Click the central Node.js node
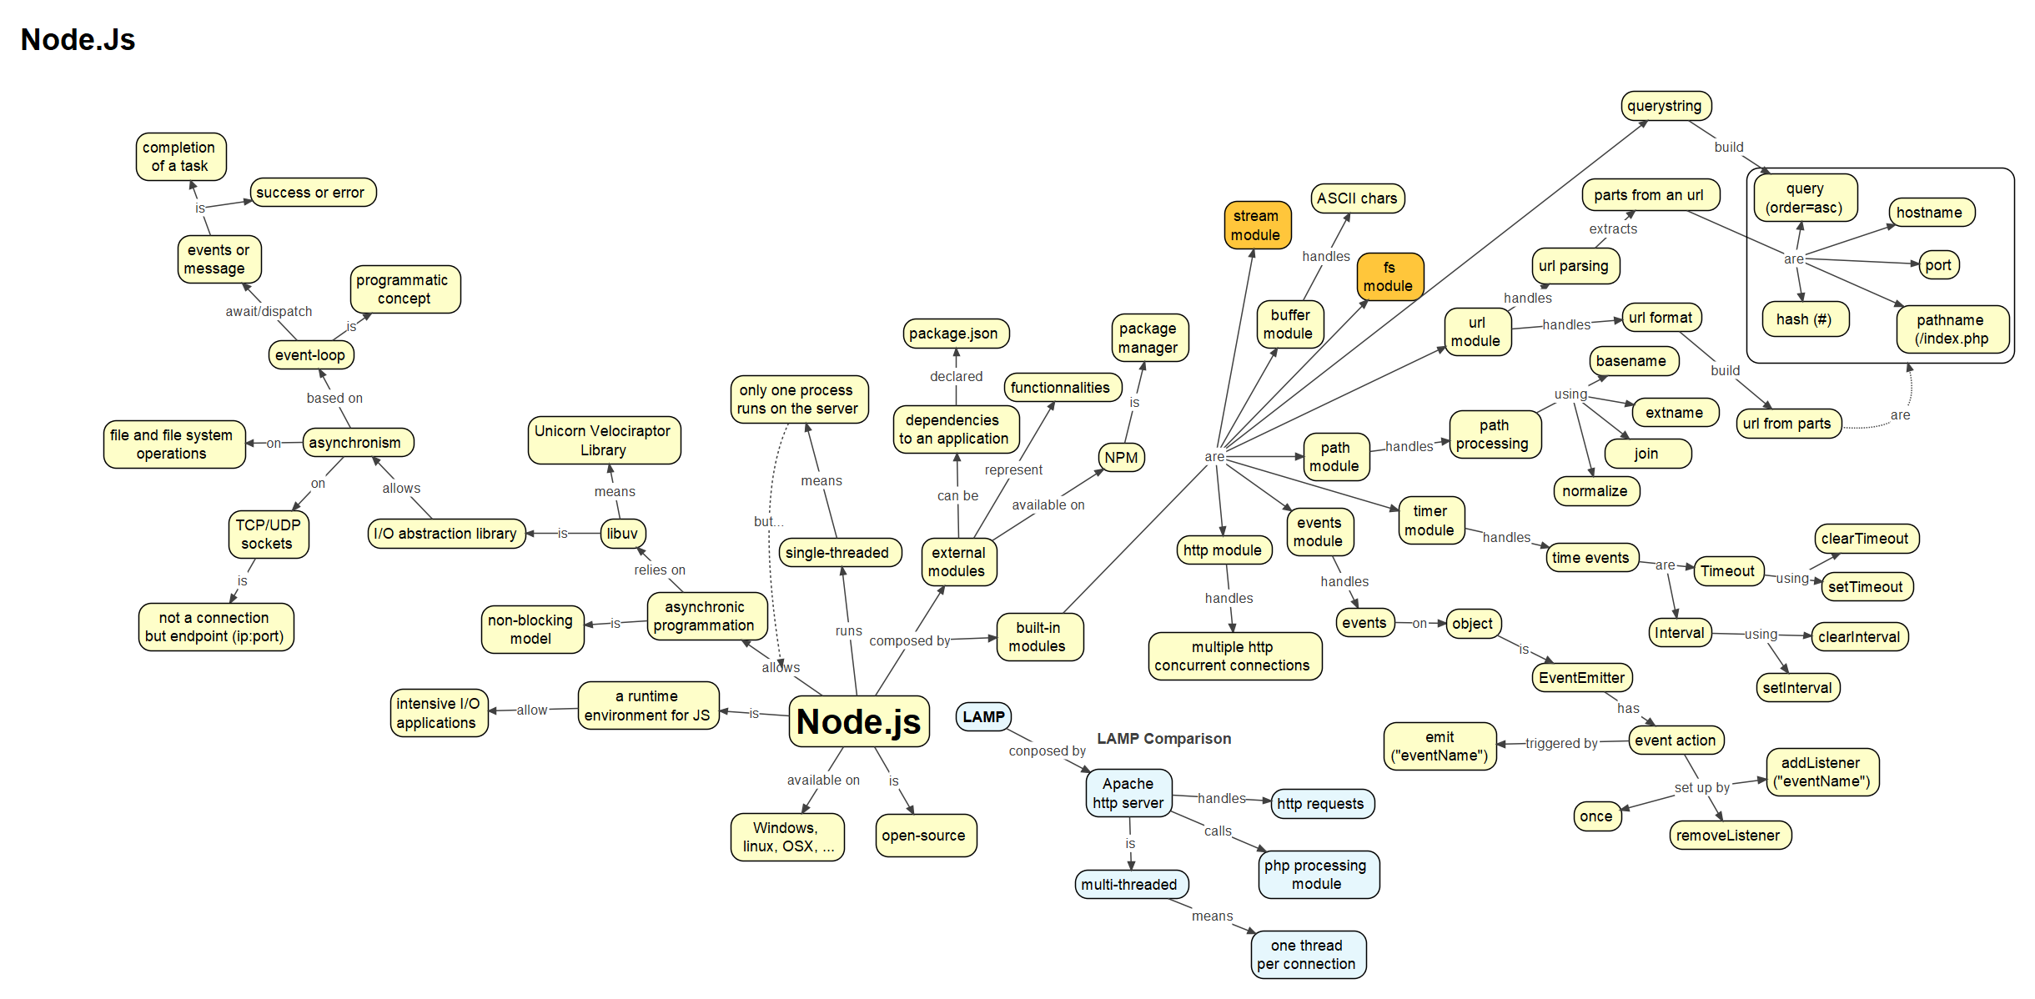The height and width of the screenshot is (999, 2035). [x=858, y=721]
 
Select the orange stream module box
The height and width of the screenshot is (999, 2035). [x=1256, y=225]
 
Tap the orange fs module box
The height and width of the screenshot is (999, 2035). [x=1389, y=276]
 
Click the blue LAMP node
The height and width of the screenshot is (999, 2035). [x=983, y=716]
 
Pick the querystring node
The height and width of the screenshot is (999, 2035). [x=1664, y=106]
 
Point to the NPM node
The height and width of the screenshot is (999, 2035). [x=1121, y=457]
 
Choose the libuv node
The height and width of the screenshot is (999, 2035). [x=622, y=533]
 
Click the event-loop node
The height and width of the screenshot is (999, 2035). [x=310, y=354]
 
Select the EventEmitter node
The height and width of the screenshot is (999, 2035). [x=1581, y=677]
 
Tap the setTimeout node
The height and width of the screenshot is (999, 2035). [x=1865, y=586]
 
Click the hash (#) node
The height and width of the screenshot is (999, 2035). [x=1804, y=319]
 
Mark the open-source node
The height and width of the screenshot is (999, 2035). [x=923, y=835]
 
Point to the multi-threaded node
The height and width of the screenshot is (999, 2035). [x=1129, y=884]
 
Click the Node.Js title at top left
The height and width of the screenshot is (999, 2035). [x=78, y=39]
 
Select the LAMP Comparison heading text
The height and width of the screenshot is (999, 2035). [x=1163, y=738]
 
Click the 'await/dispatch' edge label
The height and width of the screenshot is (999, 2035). [x=269, y=311]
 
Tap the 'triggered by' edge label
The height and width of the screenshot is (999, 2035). [x=1561, y=743]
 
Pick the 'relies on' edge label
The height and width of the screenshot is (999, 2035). [x=659, y=570]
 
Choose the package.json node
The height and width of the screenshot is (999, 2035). [x=953, y=333]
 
